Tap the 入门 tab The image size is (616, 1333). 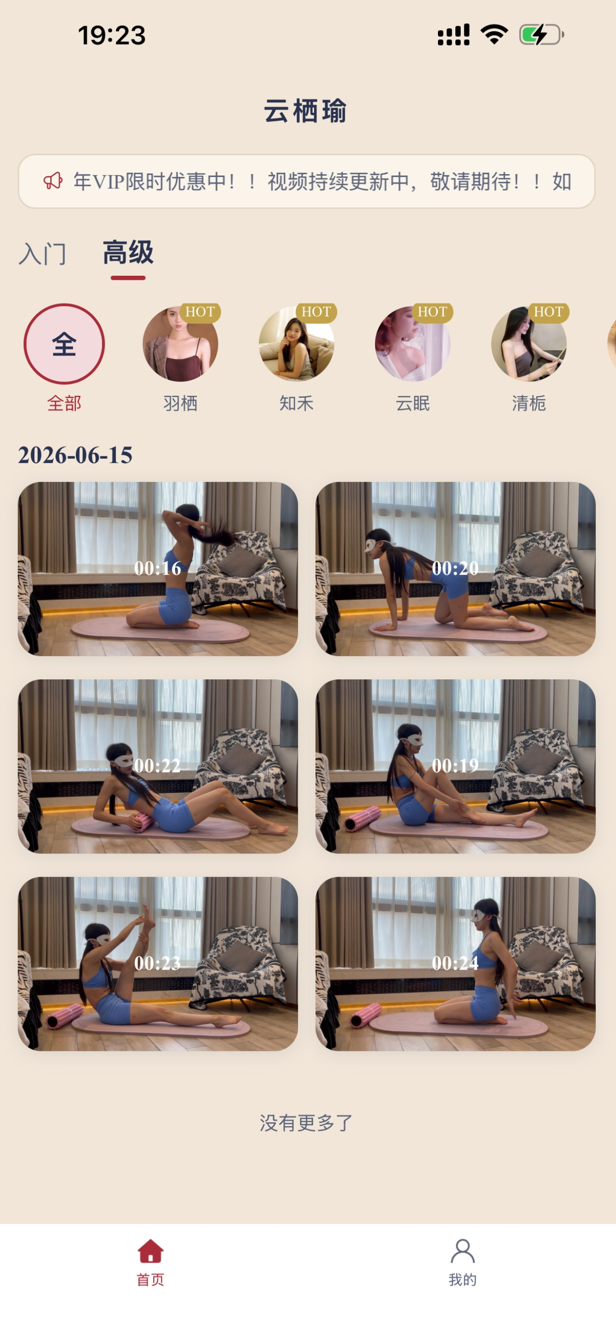pyautogui.click(x=43, y=253)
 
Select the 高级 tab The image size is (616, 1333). pyautogui.click(x=128, y=252)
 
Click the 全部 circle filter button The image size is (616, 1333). pyautogui.click(x=64, y=344)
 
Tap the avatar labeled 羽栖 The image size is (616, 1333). pyautogui.click(x=180, y=344)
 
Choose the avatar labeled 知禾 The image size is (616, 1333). pyautogui.click(x=296, y=344)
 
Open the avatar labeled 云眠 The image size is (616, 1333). pyautogui.click(x=413, y=344)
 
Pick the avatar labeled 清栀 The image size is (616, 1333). pyautogui.click(x=529, y=344)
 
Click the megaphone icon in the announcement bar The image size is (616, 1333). pyautogui.click(x=53, y=181)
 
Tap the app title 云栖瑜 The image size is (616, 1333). pyautogui.click(x=306, y=111)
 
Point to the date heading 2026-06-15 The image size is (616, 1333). pyautogui.click(x=75, y=455)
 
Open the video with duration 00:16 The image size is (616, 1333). pyautogui.click(x=158, y=569)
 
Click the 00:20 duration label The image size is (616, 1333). pyautogui.click(x=455, y=568)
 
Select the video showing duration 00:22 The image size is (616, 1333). pyautogui.click(x=158, y=766)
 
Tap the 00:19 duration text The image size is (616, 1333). pyautogui.click(x=455, y=765)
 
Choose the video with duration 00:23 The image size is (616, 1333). pyautogui.click(x=158, y=964)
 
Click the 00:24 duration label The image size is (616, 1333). pyautogui.click(x=455, y=963)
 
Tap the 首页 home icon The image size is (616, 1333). pyautogui.click(x=151, y=1251)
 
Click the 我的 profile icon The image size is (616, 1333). pyautogui.click(x=462, y=1251)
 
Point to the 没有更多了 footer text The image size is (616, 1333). pyautogui.click(x=306, y=1123)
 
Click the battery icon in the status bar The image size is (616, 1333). pyautogui.click(x=542, y=35)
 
